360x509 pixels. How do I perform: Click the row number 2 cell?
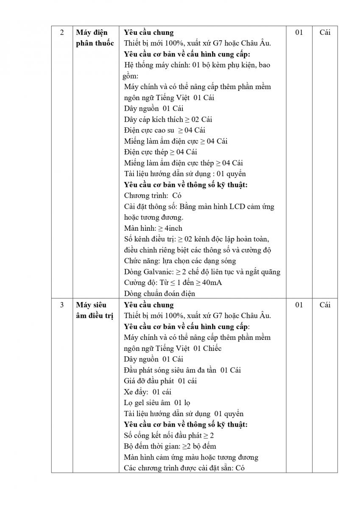pyautogui.click(x=62, y=33)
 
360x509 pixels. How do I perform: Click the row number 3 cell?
pyautogui.click(x=62, y=305)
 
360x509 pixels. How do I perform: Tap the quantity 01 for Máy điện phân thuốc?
pyautogui.click(x=299, y=33)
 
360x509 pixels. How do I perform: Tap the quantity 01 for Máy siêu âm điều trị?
pyautogui.click(x=299, y=305)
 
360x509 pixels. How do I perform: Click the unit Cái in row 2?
pyautogui.click(x=325, y=33)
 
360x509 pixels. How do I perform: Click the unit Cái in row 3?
pyautogui.click(x=325, y=305)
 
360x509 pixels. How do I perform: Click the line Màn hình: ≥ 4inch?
pyautogui.click(x=153, y=228)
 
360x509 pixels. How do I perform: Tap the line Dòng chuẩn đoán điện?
pyautogui.click(x=159, y=294)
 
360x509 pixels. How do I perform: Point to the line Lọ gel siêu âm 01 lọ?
pyautogui.click(x=157, y=403)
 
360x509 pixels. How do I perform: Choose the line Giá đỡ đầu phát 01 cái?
pyautogui.click(x=160, y=381)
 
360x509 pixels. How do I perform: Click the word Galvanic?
pyautogui.click(x=159, y=272)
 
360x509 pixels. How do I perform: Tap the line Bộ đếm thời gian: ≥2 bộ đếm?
pyautogui.click(x=170, y=446)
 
